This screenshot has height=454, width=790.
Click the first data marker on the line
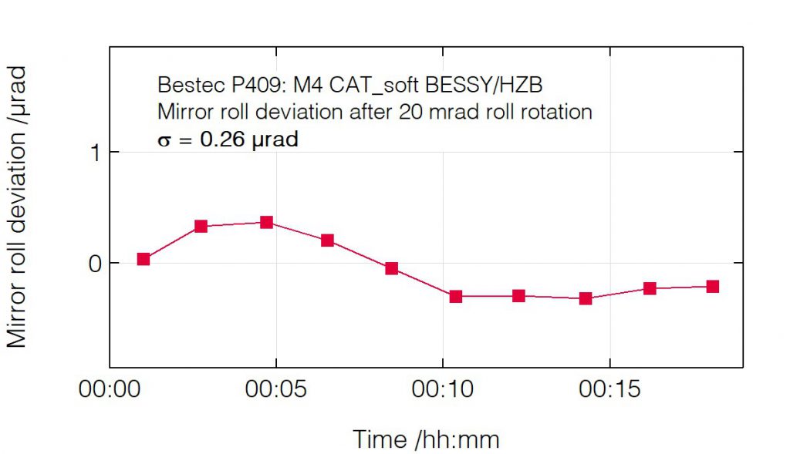point(143,259)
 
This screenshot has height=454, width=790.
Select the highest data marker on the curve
point(266,222)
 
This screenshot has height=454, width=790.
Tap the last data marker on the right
point(712,287)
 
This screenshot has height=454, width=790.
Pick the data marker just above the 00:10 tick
point(455,296)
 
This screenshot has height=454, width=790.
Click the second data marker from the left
point(201,226)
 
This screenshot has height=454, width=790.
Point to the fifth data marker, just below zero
point(391,268)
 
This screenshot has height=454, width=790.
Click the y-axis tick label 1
point(95,153)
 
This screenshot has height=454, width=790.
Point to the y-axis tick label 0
point(95,264)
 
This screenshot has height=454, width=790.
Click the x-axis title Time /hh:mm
point(426,439)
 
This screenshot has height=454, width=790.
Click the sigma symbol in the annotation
point(163,141)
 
